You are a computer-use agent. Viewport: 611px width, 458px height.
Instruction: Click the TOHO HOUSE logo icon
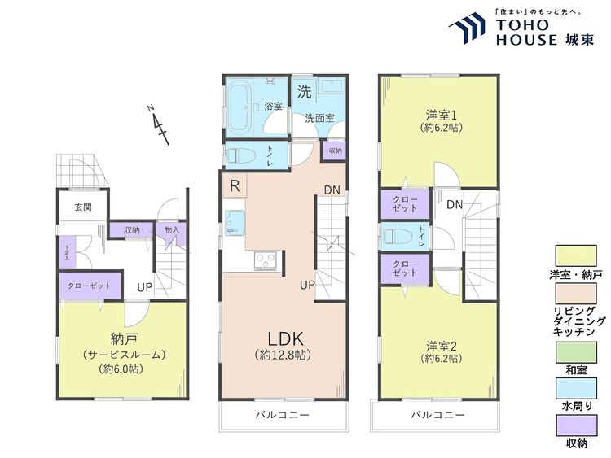pyautogui.click(x=468, y=30)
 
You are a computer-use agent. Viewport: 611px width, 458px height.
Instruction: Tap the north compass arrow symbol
pyautogui.click(x=160, y=124)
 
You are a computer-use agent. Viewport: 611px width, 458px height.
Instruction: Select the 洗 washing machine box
pyautogui.click(x=303, y=92)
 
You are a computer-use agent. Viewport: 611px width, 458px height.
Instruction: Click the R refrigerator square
pyautogui.click(x=234, y=185)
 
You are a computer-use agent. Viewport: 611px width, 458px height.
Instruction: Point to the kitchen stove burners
pyautogui.click(x=266, y=260)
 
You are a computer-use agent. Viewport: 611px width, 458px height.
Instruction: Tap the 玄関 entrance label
pyautogui.click(x=83, y=207)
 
